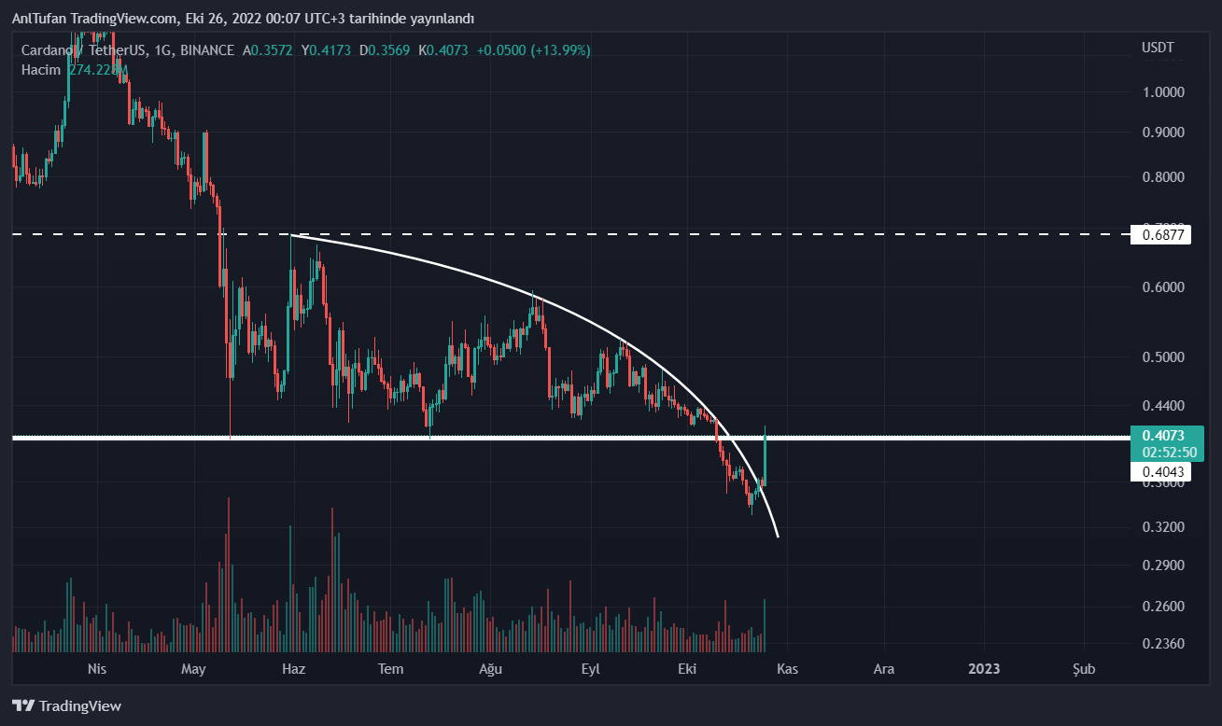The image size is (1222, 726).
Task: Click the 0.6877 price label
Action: (1162, 235)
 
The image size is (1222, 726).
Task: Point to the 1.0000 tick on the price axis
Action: (1162, 92)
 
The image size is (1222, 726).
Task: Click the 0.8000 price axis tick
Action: (1162, 177)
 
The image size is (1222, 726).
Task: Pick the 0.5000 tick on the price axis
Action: (1162, 357)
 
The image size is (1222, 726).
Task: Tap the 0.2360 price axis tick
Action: (1162, 644)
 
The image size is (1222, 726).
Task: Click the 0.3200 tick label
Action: (1162, 527)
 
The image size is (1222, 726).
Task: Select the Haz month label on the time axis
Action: (293, 669)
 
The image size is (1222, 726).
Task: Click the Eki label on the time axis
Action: (688, 669)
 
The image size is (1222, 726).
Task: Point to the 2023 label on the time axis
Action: (984, 669)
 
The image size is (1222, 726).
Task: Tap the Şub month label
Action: (1083, 669)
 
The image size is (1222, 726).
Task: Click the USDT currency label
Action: (1158, 47)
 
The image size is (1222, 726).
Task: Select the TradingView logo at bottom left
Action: (66, 705)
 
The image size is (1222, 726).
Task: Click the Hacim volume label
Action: (41, 69)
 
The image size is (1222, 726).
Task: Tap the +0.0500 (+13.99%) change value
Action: (533, 50)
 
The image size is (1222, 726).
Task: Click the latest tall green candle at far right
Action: (765, 457)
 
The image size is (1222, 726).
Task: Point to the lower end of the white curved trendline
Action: (777, 536)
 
